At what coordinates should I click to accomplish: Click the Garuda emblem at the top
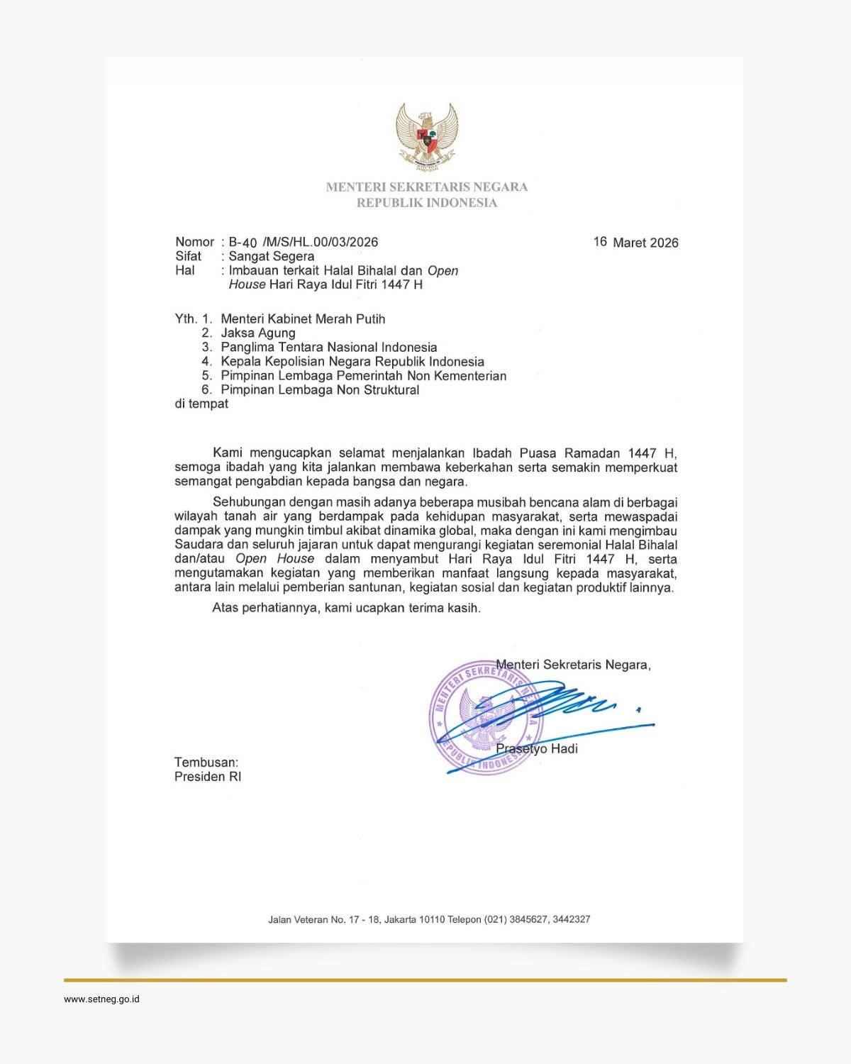coord(426,137)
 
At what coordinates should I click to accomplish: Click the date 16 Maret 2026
coord(635,243)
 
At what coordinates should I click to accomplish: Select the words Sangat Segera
coord(271,256)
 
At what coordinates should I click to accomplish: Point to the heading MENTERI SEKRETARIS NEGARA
coord(427,187)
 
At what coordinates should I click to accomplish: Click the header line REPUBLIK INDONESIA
coord(427,203)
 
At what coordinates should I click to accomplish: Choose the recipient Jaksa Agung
coord(258,333)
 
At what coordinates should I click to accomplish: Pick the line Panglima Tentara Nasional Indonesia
coord(328,347)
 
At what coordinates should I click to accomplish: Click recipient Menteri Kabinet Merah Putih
coord(303,318)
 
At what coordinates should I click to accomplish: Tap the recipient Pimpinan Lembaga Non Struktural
coord(320,389)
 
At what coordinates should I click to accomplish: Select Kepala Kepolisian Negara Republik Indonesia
coord(352,361)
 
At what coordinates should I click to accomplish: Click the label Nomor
coord(194,242)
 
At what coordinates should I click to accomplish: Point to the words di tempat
coord(201,404)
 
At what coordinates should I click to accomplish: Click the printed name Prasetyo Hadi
coord(537,748)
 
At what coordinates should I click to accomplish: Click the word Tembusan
coord(206,763)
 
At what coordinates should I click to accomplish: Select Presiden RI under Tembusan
coord(208,777)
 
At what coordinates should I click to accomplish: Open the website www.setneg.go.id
coord(101,999)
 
